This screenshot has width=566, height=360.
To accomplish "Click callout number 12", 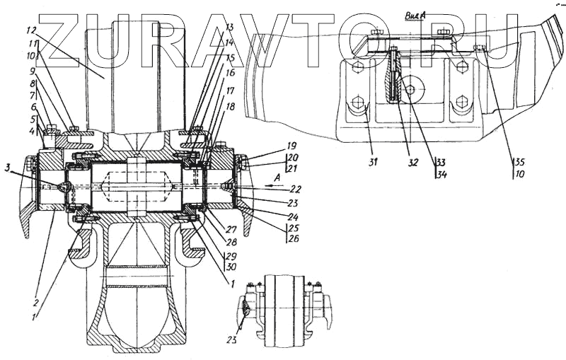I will click(x=31, y=31).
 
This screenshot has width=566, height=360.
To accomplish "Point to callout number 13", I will click(x=229, y=27).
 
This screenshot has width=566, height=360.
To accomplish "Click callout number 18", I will click(x=231, y=105).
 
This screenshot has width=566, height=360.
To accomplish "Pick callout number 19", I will click(x=291, y=147).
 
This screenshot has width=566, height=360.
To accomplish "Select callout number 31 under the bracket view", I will click(x=373, y=161).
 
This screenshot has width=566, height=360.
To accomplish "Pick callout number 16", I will click(x=230, y=73).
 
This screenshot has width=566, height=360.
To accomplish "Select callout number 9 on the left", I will click(x=32, y=71).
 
